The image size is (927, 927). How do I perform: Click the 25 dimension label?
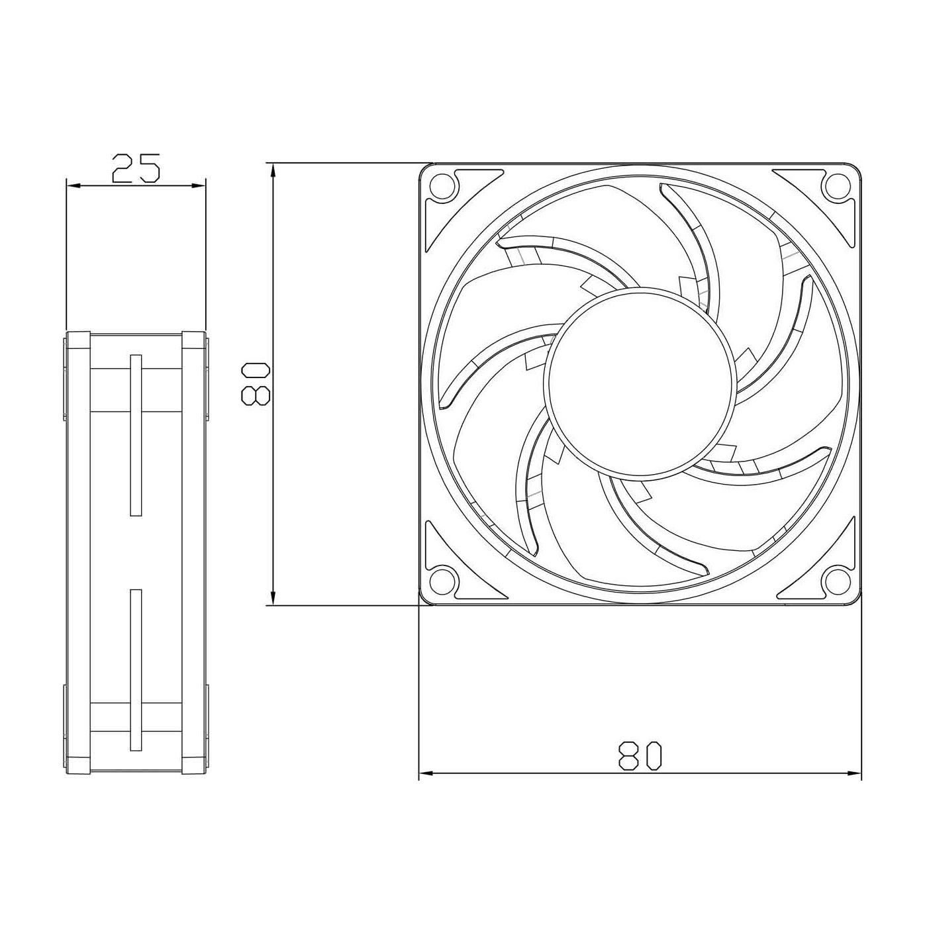[136, 168]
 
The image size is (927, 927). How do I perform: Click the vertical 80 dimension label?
[256, 383]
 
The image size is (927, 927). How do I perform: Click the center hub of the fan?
[640, 383]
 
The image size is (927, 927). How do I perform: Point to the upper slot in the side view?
[136, 435]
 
